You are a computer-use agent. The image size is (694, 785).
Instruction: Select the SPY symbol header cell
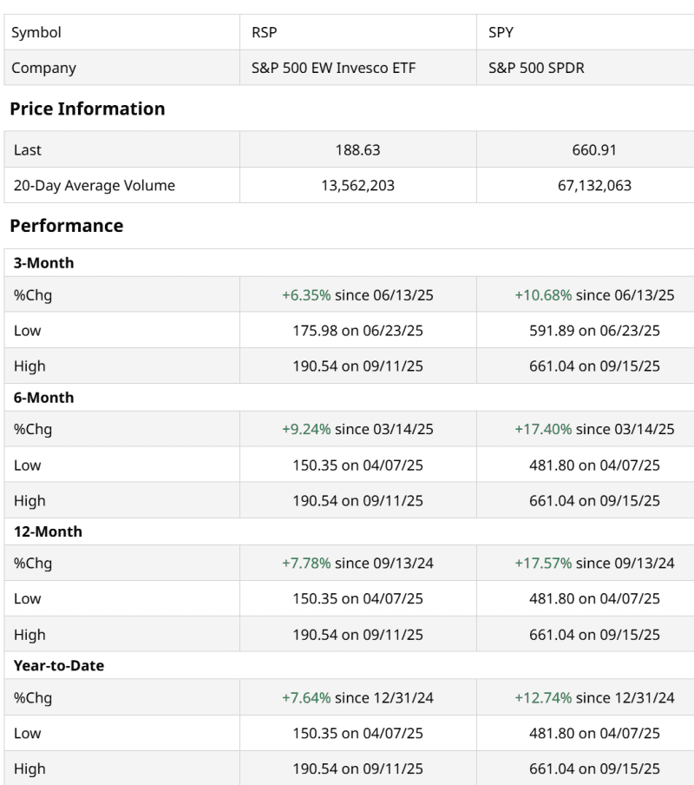click(x=501, y=32)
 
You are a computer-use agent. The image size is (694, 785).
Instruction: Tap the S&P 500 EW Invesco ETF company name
click(x=332, y=68)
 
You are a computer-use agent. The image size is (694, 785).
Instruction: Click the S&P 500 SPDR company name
click(x=536, y=68)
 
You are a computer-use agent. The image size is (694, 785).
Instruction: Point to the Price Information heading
click(x=87, y=109)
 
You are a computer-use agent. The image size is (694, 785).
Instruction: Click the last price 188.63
click(x=357, y=149)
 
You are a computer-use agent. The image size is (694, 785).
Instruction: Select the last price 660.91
click(x=594, y=149)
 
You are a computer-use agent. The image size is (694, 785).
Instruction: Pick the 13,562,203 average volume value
click(x=357, y=185)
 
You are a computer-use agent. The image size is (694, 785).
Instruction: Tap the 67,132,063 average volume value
click(x=594, y=185)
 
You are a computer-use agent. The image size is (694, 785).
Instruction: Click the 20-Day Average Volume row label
click(x=94, y=185)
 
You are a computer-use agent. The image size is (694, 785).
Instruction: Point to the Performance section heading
click(x=66, y=226)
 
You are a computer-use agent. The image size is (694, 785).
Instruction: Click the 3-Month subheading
click(x=43, y=263)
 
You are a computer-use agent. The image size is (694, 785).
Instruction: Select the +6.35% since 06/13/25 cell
click(x=357, y=295)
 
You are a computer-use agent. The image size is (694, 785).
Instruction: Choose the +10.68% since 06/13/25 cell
click(x=594, y=295)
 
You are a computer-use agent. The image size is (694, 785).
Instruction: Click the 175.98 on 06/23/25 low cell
click(x=357, y=331)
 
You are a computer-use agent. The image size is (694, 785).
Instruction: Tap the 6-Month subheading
click(x=43, y=398)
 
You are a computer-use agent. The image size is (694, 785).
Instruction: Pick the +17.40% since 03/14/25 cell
click(x=594, y=429)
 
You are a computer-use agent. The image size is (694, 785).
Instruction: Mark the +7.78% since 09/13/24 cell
click(x=357, y=564)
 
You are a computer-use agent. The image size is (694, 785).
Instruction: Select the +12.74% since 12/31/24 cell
click(x=594, y=697)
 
